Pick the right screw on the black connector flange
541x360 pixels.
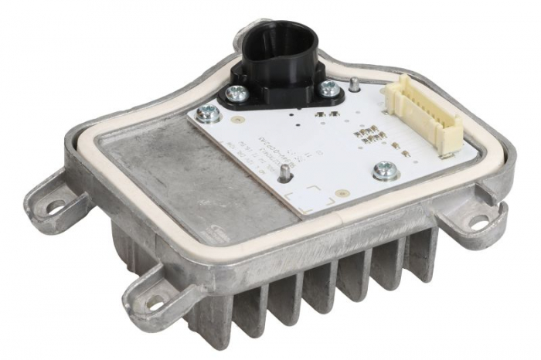click(328, 87)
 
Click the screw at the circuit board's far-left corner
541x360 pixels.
click(206, 115)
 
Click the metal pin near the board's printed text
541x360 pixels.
click(286, 172)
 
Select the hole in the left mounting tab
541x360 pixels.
click(56, 206)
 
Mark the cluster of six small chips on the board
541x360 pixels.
click(366, 136)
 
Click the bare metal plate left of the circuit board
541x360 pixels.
click(170, 178)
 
